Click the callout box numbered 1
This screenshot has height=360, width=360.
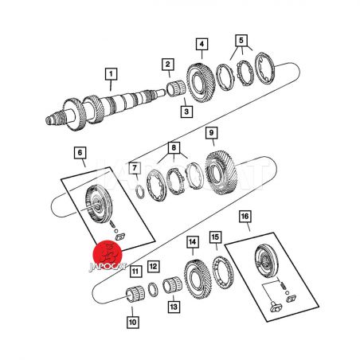tap(111, 74)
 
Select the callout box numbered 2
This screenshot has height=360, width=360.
tap(168, 65)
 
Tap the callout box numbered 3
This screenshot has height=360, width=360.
tap(186, 112)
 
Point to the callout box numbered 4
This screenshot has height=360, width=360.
tap(202, 44)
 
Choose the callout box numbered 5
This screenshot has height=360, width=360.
tap(241, 41)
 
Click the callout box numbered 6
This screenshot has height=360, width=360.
tap(80, 153)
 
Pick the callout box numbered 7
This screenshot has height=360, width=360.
tap(135, 168)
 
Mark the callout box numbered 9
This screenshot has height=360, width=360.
tap(211, 133)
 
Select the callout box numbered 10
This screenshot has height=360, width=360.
tap(132, 322)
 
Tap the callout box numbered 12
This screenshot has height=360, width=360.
tap(153, 266)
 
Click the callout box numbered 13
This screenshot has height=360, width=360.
tap(174, 307)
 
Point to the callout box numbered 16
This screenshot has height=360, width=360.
tap(245, 217)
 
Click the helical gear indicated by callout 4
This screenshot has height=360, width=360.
tap(201, 83)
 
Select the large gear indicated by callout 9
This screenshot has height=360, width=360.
tap(221, 173)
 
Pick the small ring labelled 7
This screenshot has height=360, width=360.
tap(139, 192)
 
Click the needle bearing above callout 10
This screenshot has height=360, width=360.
tap(135, 294)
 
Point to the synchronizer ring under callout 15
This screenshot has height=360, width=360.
tap(223, 272)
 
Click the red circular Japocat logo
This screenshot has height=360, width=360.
tap(108, 254)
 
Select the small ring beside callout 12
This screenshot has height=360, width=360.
tap(153, 290)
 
